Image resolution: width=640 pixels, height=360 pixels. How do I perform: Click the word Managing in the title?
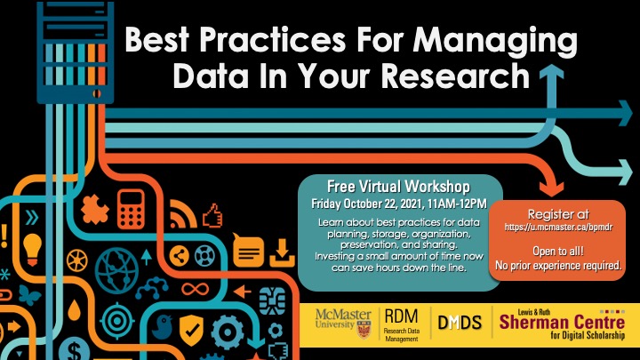click(x=495, y=42)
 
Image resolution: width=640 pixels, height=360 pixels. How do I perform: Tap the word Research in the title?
click(x=455, y=76)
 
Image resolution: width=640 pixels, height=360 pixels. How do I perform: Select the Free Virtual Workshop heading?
click(x=398, y=187)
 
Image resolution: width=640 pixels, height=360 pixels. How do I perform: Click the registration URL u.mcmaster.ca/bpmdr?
click(x=558, y=228)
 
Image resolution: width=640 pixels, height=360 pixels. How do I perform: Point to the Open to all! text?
click(x=558, y=251)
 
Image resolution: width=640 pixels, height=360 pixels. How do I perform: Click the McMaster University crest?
click(x=364, y=329)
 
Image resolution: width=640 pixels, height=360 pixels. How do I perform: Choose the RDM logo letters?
click(x=401, y=316)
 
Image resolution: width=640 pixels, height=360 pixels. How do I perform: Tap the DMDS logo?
click(x=460, y=323)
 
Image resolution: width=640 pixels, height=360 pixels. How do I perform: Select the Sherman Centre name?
click(x=562, y=322)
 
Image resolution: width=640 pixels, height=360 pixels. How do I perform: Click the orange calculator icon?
click(x=131, y=209)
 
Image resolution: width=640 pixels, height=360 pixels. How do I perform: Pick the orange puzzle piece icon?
click(x=95, y=210)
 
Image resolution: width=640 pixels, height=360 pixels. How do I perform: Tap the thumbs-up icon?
click(x=212, y=215)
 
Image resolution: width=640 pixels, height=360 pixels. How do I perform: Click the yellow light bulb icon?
click(x=33, y=249)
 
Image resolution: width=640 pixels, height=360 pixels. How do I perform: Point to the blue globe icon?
click(x=116, y=270)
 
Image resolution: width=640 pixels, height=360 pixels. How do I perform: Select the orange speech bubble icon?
click(x=248, y=251)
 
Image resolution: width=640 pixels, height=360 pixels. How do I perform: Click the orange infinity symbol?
click(x=196, y=290)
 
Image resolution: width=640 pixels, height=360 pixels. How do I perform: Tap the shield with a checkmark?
click(x=191, y=330)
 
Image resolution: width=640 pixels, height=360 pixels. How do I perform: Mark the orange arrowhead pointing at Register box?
click(x=552, y=188)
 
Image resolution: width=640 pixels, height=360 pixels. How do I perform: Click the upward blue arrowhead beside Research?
click(x=552, y=72)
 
